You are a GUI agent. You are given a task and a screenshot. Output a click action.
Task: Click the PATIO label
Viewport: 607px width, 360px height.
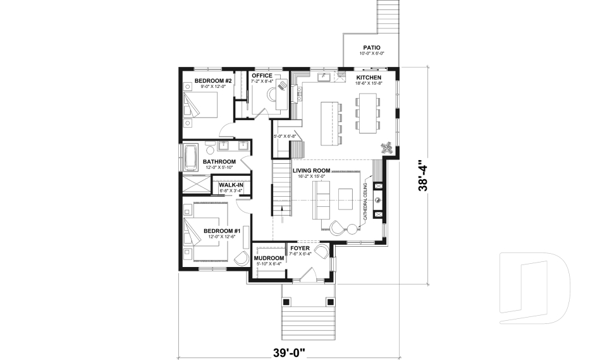point(371,47)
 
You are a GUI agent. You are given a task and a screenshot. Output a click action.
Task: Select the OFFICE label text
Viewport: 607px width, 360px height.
point(262,76)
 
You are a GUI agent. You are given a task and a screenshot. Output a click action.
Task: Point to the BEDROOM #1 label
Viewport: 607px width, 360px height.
point(219,230)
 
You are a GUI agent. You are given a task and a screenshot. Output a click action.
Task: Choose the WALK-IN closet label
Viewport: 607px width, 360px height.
point(231,185)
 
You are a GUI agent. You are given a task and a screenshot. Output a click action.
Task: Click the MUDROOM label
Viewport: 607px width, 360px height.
point(268,259)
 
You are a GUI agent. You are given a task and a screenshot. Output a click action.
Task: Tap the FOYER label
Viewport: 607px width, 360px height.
point(300,249)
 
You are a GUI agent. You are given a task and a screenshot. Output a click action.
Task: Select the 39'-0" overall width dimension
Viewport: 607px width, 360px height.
point(289,349)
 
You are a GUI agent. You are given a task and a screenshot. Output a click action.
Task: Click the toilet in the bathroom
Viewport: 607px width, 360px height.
point(210,149)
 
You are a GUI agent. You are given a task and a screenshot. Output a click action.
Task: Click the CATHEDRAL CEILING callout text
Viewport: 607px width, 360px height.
point(365,203)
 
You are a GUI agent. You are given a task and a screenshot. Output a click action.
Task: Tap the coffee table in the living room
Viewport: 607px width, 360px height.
point(345,199)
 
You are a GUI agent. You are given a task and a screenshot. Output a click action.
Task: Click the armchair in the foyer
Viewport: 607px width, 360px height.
point(323,252)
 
